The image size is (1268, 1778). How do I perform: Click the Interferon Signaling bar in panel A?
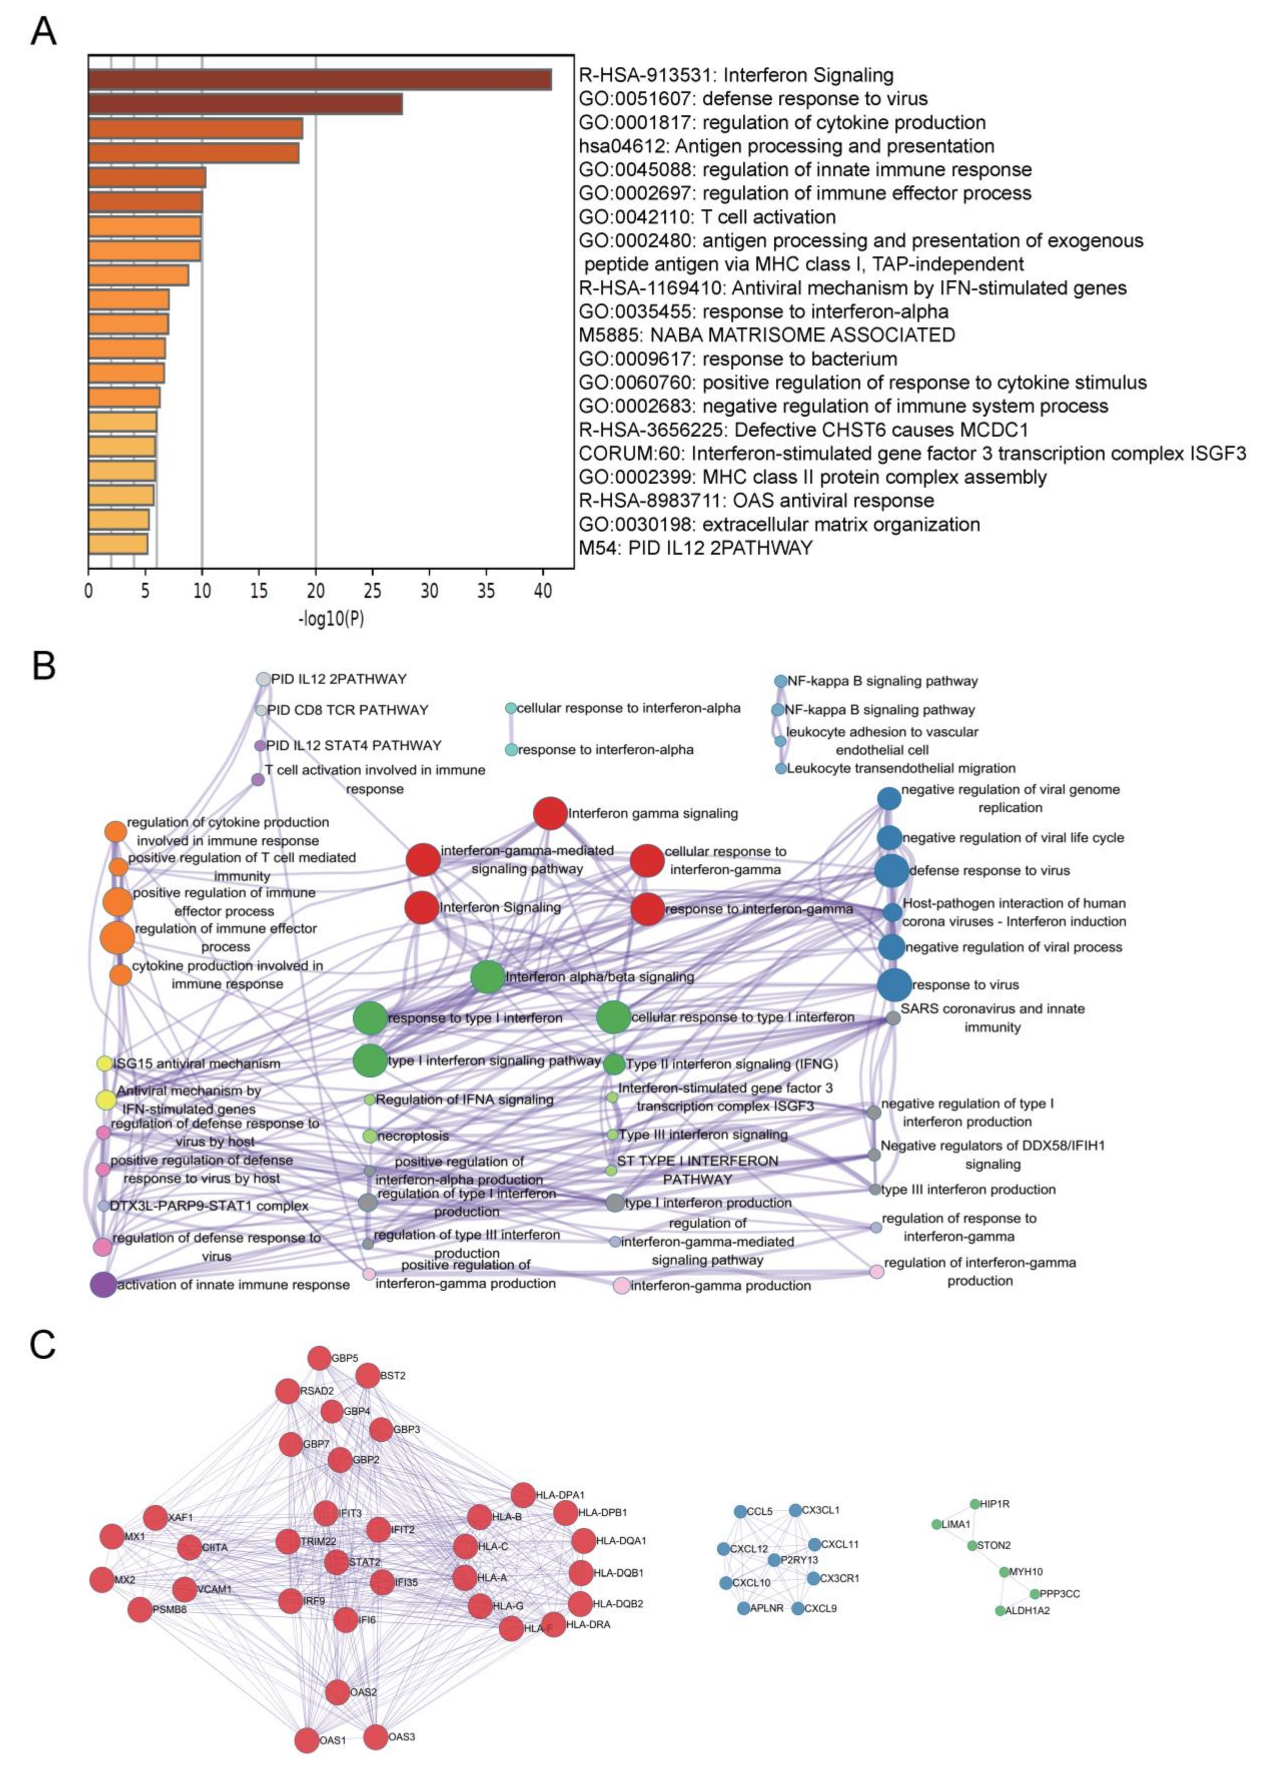pos(320,80)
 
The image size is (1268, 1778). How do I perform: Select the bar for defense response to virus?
pos(246,104)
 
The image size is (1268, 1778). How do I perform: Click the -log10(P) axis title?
pos(331,619)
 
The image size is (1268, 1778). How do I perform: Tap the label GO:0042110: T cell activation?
pos(707,217)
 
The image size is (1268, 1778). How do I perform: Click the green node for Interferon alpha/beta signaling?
pos(488,977)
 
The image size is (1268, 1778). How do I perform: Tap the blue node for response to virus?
pos(894,985)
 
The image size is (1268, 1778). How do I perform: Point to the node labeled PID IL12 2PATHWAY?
pos(264,679)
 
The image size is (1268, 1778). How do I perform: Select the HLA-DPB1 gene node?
pos(565,1513)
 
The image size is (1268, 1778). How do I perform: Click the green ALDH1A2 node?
pos(1000,1610)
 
